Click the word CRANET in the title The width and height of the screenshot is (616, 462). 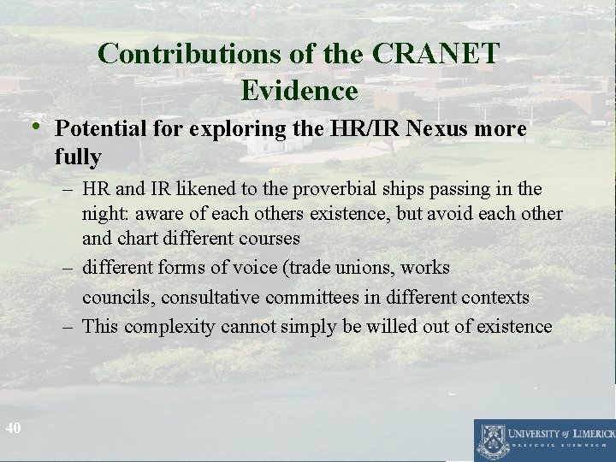435,54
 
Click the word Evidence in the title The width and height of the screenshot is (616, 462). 299,89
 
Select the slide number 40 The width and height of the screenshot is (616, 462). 13,427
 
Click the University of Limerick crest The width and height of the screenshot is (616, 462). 491,440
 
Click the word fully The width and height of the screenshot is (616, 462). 78,157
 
